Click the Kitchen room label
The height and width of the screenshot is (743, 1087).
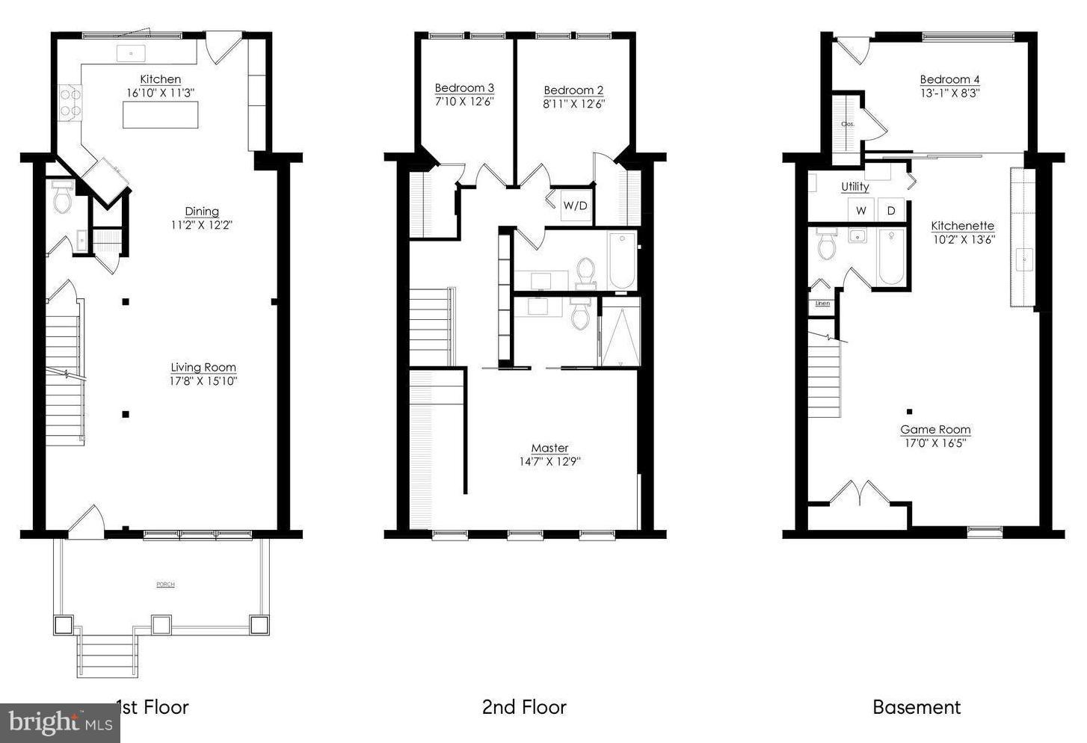160,79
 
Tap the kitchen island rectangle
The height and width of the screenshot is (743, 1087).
161,114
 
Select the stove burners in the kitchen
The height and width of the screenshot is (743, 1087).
70,102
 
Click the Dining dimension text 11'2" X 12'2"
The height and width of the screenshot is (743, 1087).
202,224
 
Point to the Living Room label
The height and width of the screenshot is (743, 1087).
203,367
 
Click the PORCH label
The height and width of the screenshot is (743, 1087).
165,585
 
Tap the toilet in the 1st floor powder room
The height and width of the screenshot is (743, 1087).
61,200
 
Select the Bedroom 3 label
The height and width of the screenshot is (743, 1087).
464,88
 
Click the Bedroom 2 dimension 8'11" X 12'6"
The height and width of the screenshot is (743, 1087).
573,104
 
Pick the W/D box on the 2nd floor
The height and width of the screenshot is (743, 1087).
575,206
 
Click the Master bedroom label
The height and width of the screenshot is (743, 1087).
549,448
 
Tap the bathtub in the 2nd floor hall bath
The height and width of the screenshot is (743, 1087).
622,260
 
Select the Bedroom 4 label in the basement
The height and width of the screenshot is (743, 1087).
949,80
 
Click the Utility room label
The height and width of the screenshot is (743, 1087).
854,187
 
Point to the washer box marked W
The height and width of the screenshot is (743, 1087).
861,211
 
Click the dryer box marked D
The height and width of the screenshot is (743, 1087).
891,211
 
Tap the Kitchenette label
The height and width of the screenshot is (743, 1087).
962,226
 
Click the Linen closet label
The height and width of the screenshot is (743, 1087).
822,303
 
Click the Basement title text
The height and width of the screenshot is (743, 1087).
917,707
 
